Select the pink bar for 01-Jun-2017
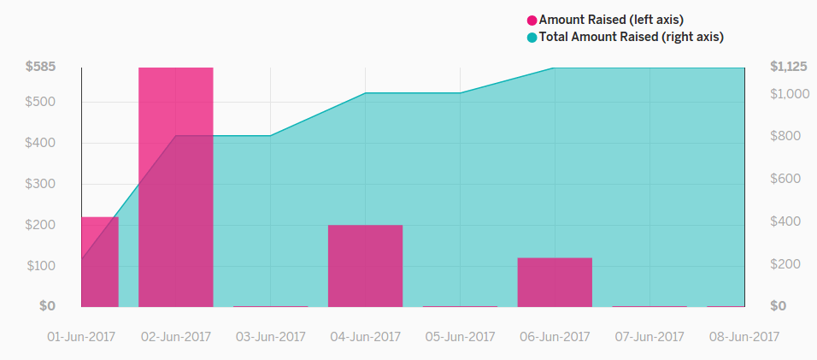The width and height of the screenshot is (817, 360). pyautogui.click(x=99, y=262)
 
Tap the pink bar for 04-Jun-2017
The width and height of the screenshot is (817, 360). pyautogui.click(x=365, y=265)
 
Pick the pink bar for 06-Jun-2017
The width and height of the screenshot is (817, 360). pyautogui.click(x=555, y=281)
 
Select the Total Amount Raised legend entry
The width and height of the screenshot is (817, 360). pyautogui.click(x=631, y=37)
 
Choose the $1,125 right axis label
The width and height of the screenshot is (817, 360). pyautogui.click(x=788, y=67)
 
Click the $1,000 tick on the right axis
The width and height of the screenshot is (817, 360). pyautogui.click(x=789, y=93)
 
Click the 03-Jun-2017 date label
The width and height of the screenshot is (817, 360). pyautogui.click(x=270, y=337)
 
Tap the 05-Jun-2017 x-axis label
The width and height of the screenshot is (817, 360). pyautogui.click(x=460, y=337)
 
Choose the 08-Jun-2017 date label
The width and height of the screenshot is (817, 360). pyautogui.click(x=744, y=337)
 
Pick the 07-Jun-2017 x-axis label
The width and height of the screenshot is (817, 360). pyautogui.click(x=649, y=337)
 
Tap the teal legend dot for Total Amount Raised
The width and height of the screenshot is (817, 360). pyautogui.click(x=532, y=37)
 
